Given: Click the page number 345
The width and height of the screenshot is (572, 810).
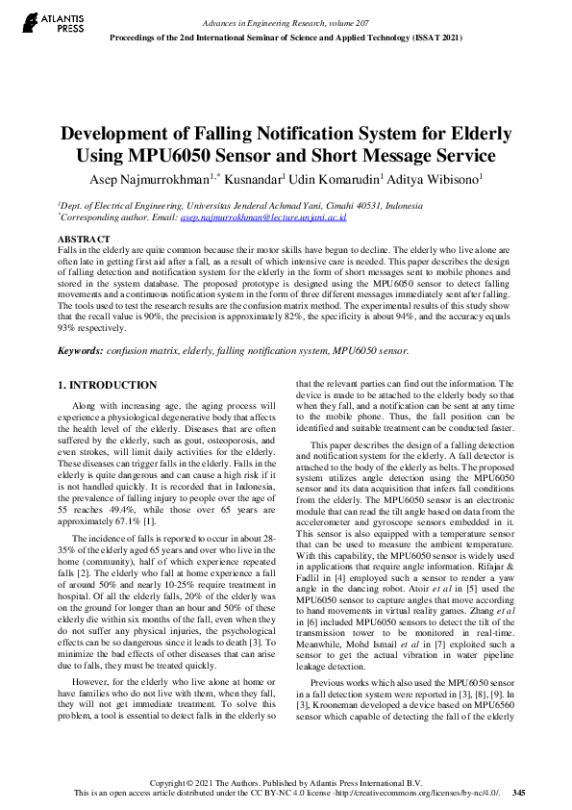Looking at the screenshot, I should point(519,793).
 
